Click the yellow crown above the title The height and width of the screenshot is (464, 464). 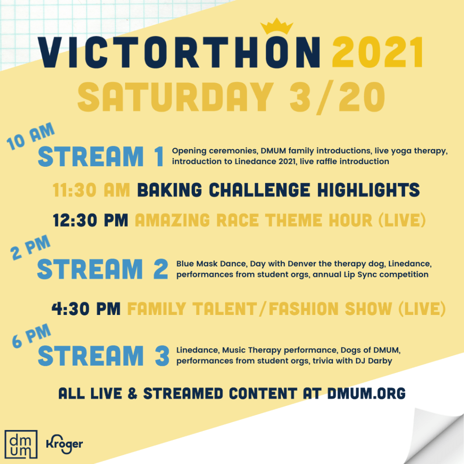click(277, 26)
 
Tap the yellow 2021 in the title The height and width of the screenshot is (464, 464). click(378, 53)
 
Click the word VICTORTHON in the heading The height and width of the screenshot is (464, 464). click(179, 53)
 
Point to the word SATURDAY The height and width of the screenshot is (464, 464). click(175, 97)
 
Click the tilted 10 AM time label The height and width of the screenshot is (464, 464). click(30, 136)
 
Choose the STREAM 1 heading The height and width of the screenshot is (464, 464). click(101, 156)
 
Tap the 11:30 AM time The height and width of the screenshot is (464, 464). click(92, 190)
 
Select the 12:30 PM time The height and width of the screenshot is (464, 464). click(91, 221)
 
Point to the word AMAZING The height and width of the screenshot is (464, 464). click(173, 221)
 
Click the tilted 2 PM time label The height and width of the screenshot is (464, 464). click(30, 247)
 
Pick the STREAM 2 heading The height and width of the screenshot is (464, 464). click(103, 269)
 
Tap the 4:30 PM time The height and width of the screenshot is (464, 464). click(86, 309)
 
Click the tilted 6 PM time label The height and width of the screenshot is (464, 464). click(31, 335)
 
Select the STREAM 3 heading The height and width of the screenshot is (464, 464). click(104, 355)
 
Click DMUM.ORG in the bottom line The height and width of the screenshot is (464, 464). click(366, 394)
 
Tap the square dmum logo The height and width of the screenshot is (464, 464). click(21, 444)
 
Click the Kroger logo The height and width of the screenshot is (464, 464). click(64, 444)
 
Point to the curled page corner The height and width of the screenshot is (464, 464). click(435, 435)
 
